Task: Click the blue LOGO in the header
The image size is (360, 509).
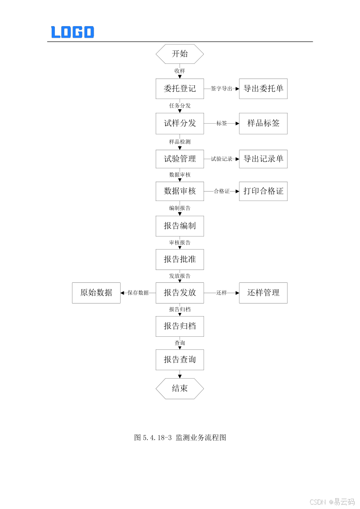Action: (72, 32)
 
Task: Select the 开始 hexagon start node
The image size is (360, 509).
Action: (180, 54)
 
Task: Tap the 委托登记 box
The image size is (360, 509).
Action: (180, 89)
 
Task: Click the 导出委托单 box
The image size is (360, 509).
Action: (263, 89)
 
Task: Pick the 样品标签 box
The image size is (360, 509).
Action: (263, 123)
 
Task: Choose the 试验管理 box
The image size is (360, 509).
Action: (180, 159)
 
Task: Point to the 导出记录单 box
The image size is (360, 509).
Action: (263, 159)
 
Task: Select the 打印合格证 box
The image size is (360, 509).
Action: (263, 191)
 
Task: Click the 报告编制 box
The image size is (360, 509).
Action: (180, 226)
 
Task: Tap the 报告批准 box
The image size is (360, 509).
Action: (180, 259)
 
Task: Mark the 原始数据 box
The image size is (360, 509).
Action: (96, 293)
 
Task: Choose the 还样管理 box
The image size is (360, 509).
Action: (263, 293)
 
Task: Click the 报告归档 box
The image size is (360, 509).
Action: (180, 326)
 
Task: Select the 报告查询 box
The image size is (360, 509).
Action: (180, 360)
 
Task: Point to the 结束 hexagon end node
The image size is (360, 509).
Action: (180, 388)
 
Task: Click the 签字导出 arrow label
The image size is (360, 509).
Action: (221, 89)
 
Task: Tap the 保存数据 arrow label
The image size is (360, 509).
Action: (138, 293)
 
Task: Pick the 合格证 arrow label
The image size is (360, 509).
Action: (221, 192)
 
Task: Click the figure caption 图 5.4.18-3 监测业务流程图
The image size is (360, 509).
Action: (180, 438)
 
